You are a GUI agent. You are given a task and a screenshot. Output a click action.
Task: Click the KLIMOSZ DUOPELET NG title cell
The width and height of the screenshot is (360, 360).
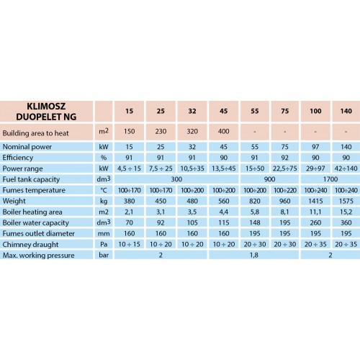coord(46,112)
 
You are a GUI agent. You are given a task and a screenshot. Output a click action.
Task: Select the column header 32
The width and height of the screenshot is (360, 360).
coord(192,111)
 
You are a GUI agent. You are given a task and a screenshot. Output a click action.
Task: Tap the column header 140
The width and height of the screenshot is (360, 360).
coord(346,111)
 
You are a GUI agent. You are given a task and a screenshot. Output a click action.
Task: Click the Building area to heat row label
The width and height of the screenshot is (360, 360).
coord(35,133)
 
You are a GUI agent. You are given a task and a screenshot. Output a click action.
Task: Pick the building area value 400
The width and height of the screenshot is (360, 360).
coord(223,132)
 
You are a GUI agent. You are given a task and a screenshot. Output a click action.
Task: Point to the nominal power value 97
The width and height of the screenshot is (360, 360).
coord(315,147)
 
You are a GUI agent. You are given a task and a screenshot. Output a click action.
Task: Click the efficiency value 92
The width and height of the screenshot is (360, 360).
coord(284,158)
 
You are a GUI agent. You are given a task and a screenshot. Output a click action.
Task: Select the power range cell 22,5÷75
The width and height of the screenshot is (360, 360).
coord(284,168)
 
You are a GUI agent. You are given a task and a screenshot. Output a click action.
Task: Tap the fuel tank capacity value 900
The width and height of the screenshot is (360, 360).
coord(269,179)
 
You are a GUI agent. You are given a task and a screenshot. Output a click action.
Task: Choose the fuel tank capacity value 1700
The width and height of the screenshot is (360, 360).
coord(330,179)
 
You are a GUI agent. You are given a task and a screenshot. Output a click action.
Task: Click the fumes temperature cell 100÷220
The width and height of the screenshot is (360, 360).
coord(285,190)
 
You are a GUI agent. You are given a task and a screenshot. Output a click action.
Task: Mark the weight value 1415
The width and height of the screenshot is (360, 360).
coord(315,201)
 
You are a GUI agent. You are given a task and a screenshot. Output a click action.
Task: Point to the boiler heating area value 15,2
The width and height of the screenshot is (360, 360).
coord(346,212)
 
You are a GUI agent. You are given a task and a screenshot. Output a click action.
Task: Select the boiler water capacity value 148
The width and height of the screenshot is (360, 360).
coord(255,222)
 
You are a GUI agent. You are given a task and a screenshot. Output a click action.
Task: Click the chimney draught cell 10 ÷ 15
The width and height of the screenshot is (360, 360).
coord(129,244)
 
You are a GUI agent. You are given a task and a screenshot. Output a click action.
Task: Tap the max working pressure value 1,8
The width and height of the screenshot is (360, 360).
coord(254,255)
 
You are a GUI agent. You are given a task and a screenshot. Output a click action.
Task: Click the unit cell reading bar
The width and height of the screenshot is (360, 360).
coord(104,255)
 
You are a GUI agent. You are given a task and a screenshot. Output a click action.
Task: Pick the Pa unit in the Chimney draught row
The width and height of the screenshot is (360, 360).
coord(104,244)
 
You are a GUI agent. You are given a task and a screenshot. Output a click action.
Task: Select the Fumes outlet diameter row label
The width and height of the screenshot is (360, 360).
coord(38,233)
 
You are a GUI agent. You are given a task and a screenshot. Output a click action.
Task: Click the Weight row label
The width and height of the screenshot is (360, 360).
coord(14,201)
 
